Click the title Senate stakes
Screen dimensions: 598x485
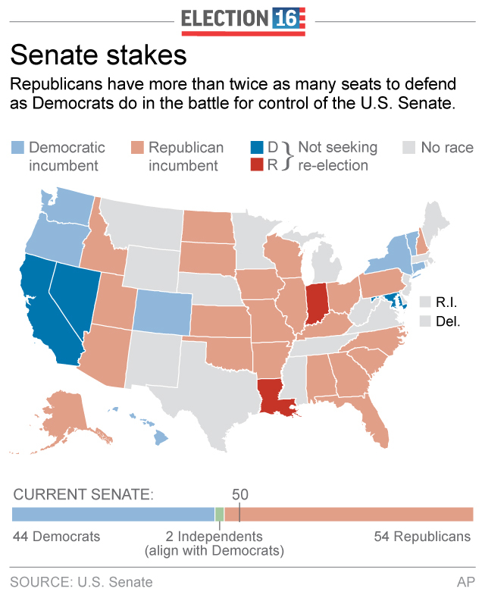coord(98,57)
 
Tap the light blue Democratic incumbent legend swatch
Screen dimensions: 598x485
coord(18,148)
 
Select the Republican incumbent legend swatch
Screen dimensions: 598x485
coord(137,148)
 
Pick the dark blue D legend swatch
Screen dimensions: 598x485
coord(258,148)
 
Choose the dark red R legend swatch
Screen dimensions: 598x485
coord(258,164)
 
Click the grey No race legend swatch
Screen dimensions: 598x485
coord(410,148)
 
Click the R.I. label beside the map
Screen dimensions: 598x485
coord(447,302)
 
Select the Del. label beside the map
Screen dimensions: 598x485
coord(448,321)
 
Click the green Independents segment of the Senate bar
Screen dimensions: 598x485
coord(220,515)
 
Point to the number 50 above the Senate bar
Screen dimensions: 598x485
coord(239,494)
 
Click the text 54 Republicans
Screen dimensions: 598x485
coord(422,537)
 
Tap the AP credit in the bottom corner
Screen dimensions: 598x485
coord(465,582)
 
